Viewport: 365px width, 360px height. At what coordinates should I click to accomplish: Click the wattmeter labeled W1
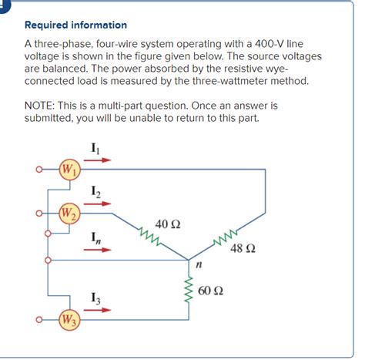[70, 170]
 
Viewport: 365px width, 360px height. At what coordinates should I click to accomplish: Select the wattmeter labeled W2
[70, 212]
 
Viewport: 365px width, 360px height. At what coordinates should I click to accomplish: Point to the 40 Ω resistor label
[167, 224]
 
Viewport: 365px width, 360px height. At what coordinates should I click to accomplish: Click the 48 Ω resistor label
[242, 249]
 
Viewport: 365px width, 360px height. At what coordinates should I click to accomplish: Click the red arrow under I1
[96, 161]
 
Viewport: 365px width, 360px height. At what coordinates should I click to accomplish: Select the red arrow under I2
[96, 204]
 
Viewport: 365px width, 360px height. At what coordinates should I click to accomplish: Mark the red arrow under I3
[96, 310]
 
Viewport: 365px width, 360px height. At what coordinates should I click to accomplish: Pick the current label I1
[95, 147]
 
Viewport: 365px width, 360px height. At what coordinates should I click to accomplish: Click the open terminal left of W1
[37, 170]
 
